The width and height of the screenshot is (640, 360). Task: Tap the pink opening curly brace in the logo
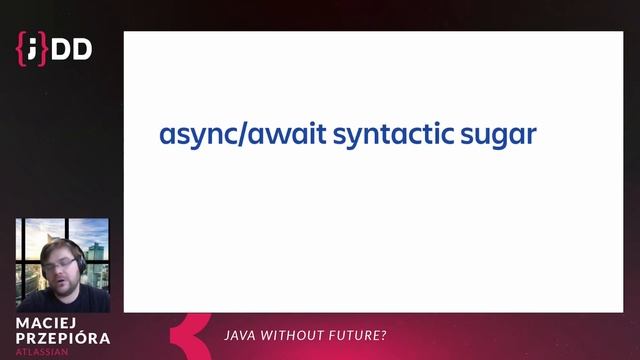click(x=22, y=48)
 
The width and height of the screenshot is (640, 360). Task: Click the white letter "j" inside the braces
click(x=34, y=47)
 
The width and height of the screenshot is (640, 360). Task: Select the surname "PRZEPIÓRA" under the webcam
click(x=63, y=339)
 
